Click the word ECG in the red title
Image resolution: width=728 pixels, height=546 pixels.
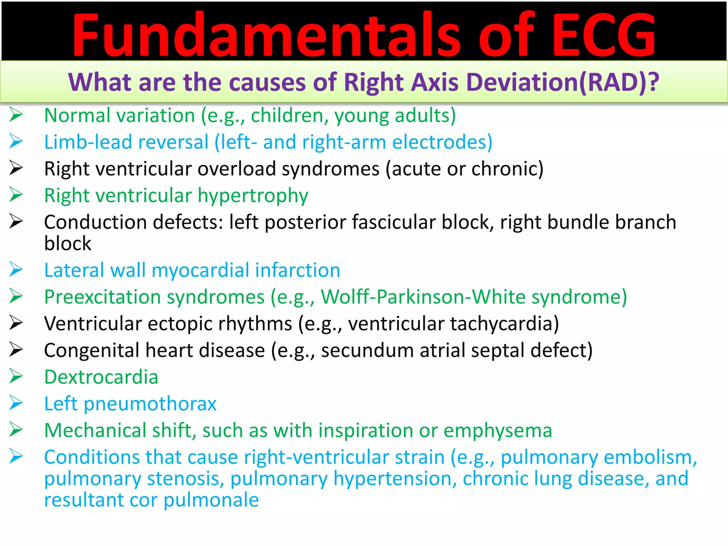tap(604, 35)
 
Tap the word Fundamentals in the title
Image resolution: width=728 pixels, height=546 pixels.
tap(267, 35)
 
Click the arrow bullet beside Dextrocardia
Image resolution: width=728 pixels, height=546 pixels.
tap(16, 376)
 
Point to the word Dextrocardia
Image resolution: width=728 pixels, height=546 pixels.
tap(101, 377)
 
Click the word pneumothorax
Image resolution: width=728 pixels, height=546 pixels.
tap(150, 404)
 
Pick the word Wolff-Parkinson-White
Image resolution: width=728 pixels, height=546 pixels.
tap(423, 297)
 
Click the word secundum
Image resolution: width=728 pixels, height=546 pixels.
tap(368, 350)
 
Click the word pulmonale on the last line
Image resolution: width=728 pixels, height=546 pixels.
tap(211, 500)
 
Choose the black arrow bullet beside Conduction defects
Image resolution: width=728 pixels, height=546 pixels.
tap(16, 222)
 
